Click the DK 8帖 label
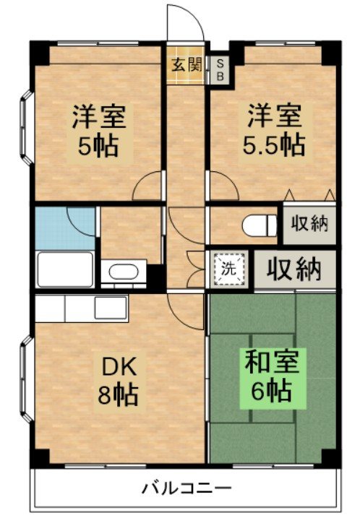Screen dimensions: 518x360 pyautogui.click(x=116, y=381)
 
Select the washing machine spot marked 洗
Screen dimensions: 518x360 pyautogui.click(x=228, y=269)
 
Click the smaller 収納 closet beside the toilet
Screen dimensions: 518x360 pyautogui.click(x=309, y=223)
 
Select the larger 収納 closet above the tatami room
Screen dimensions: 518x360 pyautogui.click(x=294, y=269)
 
